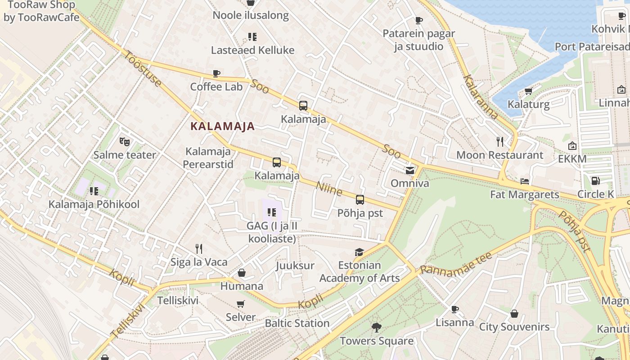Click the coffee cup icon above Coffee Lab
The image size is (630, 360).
click(216, 73)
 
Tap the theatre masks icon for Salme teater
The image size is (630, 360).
click(125, 142)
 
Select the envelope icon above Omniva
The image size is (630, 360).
click(409, 170)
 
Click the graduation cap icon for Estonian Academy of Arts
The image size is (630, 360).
click(359, 252)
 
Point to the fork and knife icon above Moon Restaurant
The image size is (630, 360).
click(499, 142)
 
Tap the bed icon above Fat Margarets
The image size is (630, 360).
click(524, 181)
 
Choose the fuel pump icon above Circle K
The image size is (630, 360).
click(596, 181)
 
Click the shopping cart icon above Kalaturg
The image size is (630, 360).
click(528, 91)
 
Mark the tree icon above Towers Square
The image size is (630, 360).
click(376, 328)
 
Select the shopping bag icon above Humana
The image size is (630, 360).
click(242, 273)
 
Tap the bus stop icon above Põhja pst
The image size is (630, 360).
click(360, 199)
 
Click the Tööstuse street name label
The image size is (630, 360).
click(143, 69)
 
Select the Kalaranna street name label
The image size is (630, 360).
click(481, 97)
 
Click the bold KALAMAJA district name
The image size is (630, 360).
click(223, 126)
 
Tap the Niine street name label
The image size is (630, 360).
click(329, 189)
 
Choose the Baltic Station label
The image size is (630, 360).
click(297, 323)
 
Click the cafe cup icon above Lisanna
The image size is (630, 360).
click(455, 309)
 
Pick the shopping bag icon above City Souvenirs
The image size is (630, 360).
click(514, 314)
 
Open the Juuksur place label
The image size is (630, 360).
click(295, 265)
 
